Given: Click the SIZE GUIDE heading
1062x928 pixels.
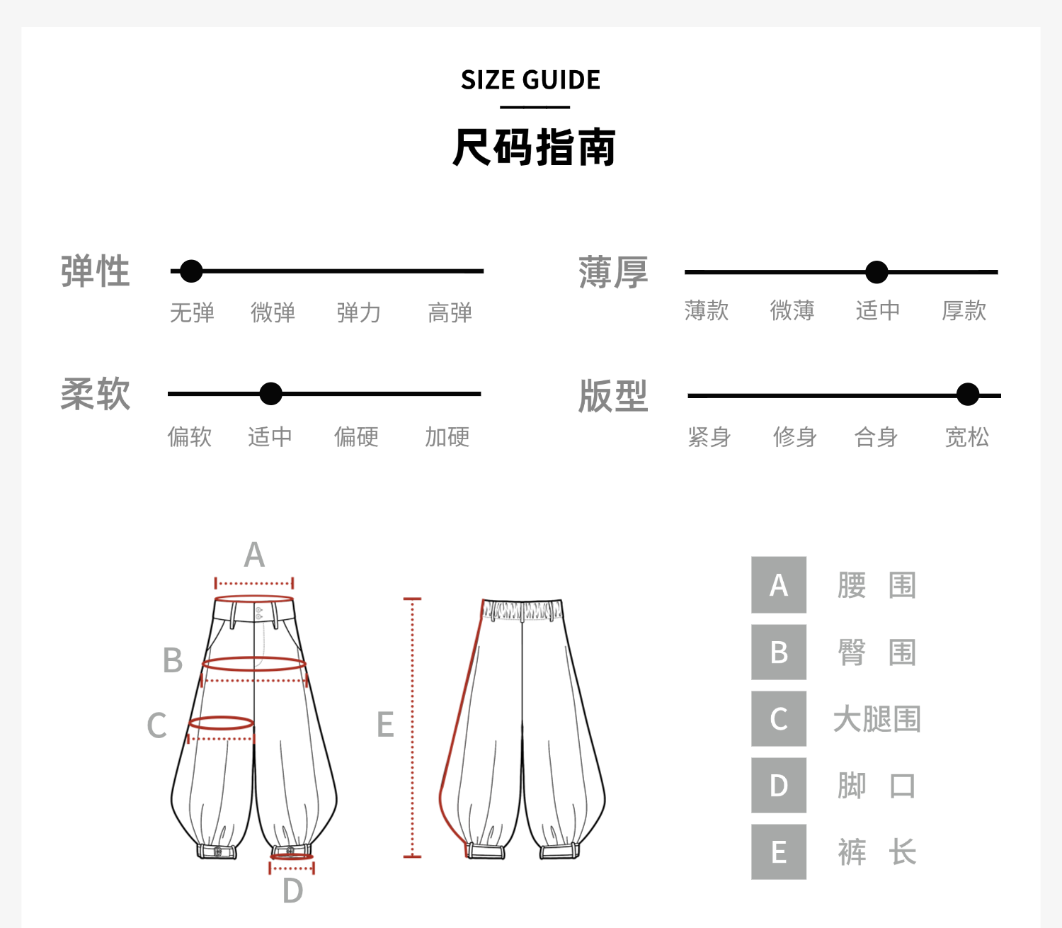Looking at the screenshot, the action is click(x=530, y=80).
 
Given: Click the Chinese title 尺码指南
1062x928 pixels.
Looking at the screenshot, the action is click(x=534, y=147).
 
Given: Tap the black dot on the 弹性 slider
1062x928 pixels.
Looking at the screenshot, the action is click(x=191, y=271).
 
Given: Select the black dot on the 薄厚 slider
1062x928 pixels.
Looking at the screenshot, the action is click(x=877, y=272).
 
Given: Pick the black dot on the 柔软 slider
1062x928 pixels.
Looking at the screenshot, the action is click(x=270, y=394).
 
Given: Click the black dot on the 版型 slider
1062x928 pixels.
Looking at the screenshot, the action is click(x=967, y=395).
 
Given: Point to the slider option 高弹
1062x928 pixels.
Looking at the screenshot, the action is click(x=450, y=312).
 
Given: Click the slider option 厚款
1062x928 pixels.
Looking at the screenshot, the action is click(x=964, y=310).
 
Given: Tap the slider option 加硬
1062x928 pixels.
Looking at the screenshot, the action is click(x=447, y=436).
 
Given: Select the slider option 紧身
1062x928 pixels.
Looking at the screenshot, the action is click(x=709, y=437).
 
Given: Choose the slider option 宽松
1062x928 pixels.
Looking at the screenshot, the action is click(x=966, y=437).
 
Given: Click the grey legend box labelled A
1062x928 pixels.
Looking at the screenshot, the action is click(x=779, y=585).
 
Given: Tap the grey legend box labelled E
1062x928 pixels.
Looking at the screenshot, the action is click(x=779, y=852).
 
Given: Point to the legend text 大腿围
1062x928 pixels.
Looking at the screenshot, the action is click(x=877, y=719).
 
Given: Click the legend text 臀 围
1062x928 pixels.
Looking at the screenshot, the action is click(x=877, y=652).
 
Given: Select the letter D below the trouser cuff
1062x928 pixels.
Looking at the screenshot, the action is click(x=292, y=891).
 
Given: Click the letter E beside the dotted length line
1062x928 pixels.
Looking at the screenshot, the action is click(x=385, y=725).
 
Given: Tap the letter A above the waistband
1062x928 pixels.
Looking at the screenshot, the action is click(x=254, y=555).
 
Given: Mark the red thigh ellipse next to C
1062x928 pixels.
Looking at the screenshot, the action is click(x=221, y=723).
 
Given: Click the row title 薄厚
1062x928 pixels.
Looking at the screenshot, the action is click(x=613, y=273).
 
